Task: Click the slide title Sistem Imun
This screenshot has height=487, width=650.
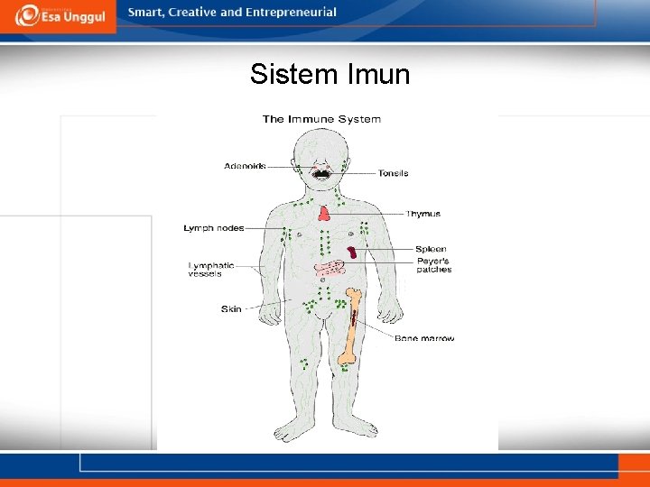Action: coord(330,74)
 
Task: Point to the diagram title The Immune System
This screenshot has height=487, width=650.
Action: coord(321,119)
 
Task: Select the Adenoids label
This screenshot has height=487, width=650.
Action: coord(245,166)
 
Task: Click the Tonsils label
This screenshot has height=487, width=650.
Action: coord(393,173)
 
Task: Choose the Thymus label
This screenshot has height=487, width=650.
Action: coord(422,214)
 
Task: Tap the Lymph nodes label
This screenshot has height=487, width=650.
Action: coord(213,228)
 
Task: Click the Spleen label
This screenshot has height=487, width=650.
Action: coord(431,249)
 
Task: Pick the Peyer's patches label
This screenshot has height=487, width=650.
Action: coord(433,265)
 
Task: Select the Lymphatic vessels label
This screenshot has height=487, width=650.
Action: coord(210,269)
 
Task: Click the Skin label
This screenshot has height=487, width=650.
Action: coord(231,309)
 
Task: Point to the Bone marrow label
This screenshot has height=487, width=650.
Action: coord(423,338)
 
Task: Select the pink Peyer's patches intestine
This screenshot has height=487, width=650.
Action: coord(330,268)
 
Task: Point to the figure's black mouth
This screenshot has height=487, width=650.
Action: coord(320,172)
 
